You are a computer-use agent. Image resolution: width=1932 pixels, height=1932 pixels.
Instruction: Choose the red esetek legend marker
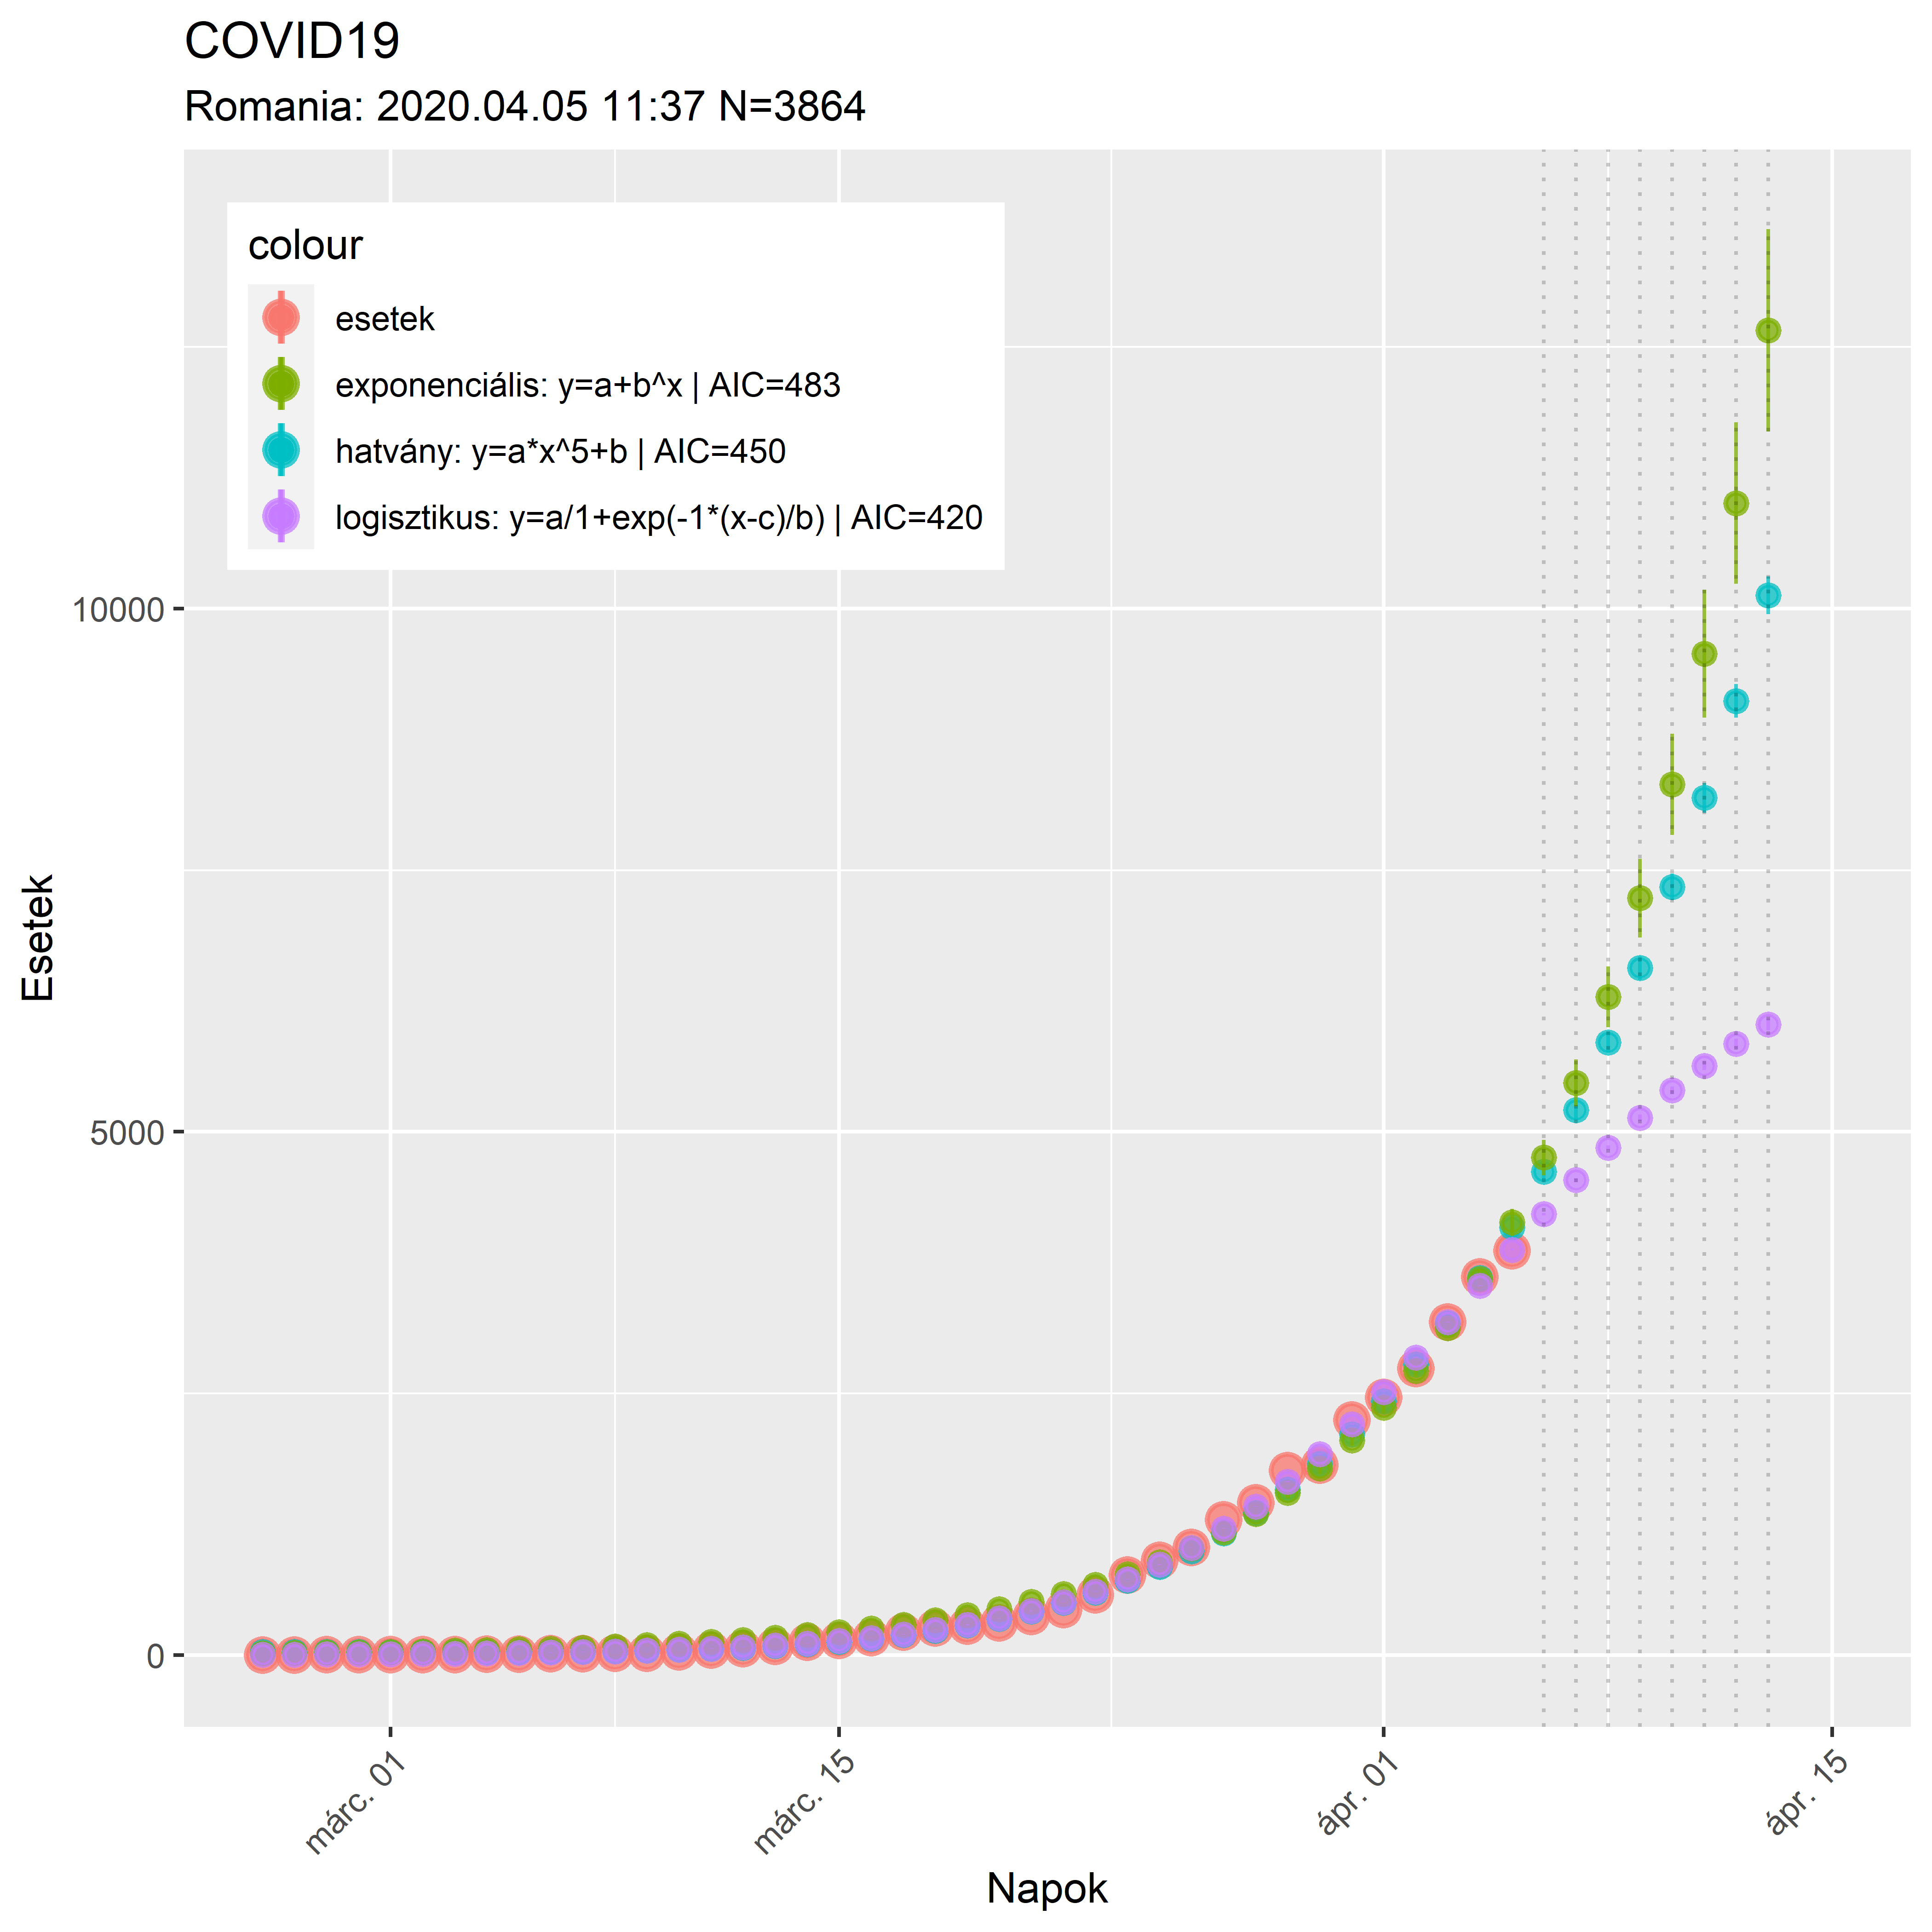(x=281, y=318)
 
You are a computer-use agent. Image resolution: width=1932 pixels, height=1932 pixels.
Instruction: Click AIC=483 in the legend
(x=775, y=385)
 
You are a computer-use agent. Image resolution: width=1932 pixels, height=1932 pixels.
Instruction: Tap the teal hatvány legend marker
(x=281, y=451)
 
